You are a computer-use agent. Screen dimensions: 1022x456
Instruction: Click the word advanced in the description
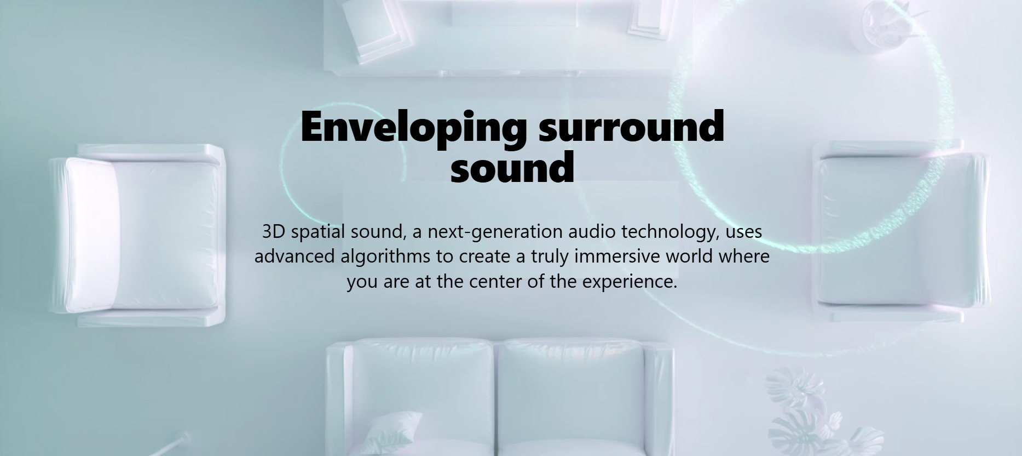tap(295, 256)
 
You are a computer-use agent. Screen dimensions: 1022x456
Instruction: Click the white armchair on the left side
tap(137, 235)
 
